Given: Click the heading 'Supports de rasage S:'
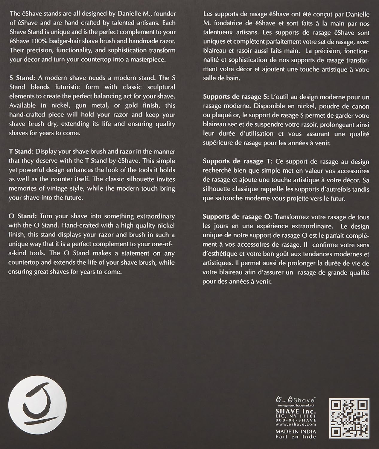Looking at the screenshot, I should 236,97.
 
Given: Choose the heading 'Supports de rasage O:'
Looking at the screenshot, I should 237,217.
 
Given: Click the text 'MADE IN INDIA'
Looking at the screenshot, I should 296,431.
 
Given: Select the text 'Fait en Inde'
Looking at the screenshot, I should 296,437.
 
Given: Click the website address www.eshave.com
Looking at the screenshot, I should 296,424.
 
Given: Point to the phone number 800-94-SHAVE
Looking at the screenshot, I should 296,420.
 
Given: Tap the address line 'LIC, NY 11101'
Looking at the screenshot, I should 296,416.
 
